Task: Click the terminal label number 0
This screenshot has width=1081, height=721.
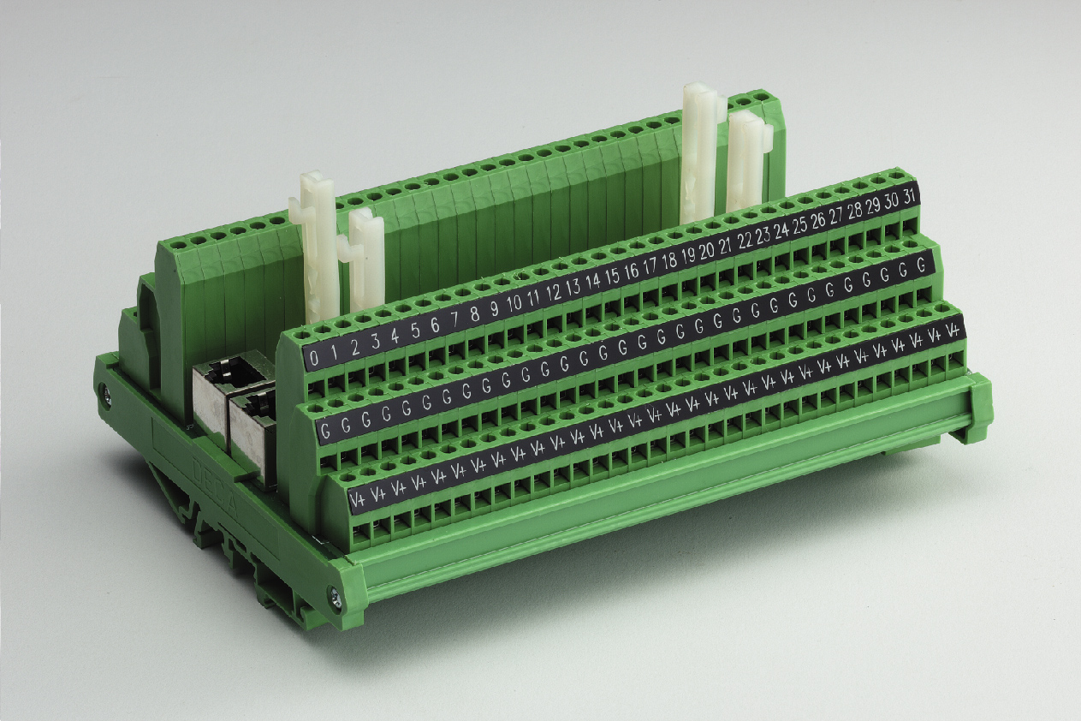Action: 313,358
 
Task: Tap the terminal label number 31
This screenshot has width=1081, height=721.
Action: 909,199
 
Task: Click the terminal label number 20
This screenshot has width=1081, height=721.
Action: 706,252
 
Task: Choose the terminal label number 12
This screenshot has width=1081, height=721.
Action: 554,293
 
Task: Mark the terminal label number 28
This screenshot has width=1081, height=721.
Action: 855,212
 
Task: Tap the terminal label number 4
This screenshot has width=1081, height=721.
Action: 395,337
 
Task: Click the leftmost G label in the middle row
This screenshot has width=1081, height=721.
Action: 325,430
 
